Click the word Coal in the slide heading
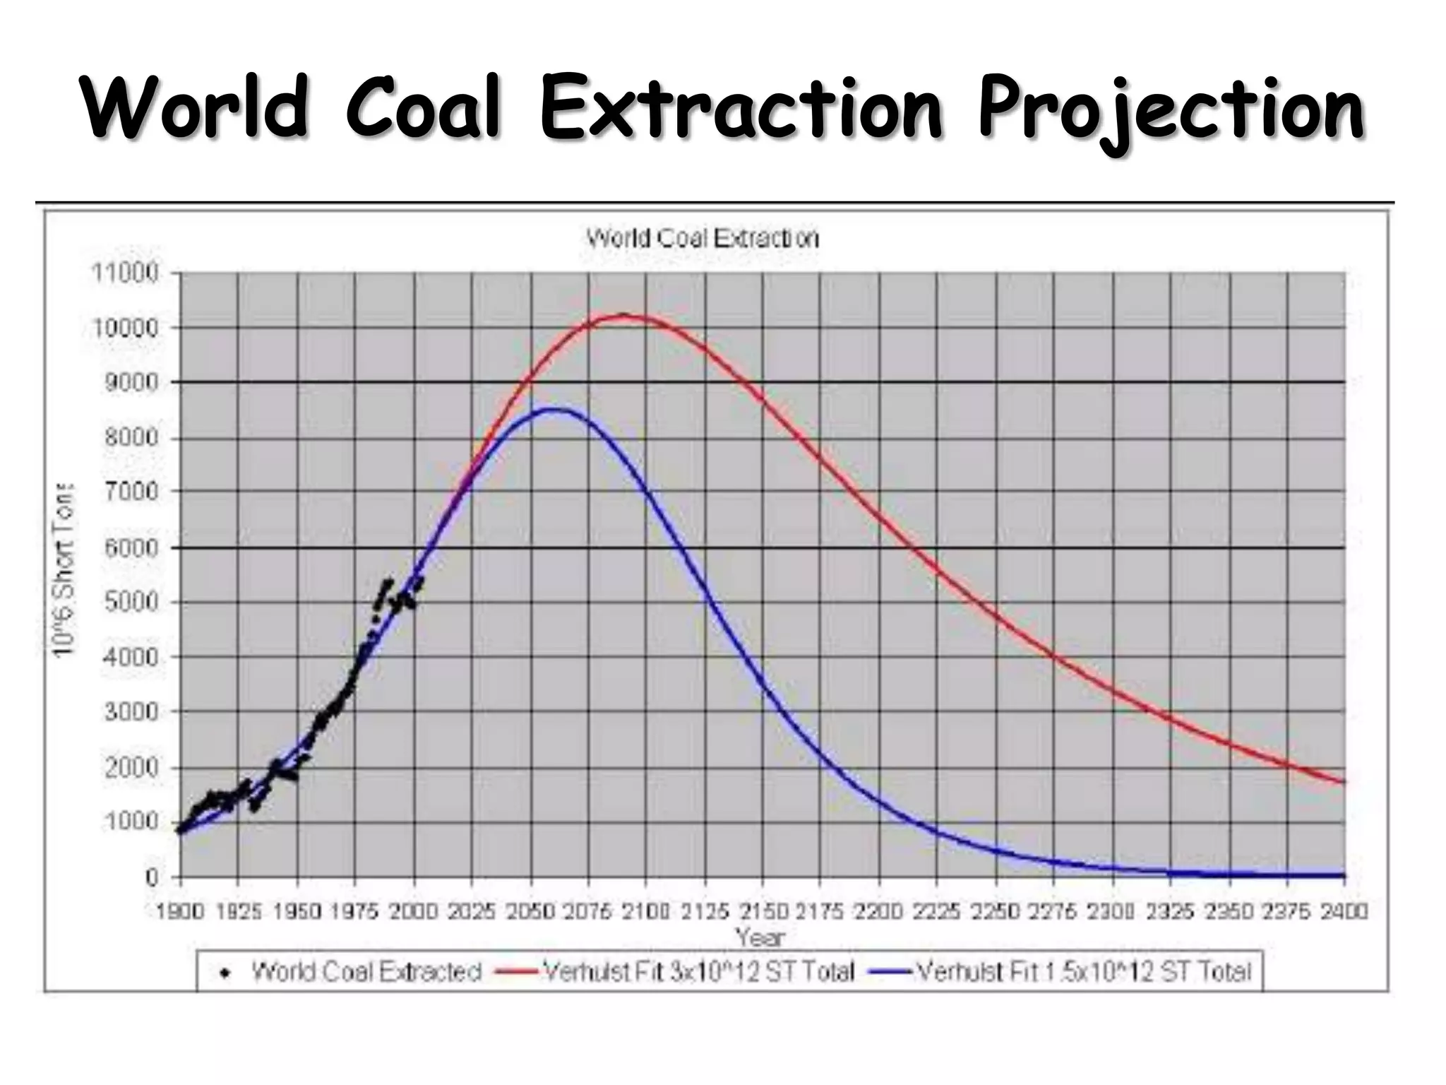tap(422, 109)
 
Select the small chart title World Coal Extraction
tap(703, 238)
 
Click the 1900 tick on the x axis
tap(180, 912)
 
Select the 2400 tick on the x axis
tap(1344, 912)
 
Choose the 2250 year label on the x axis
tap(995, 912)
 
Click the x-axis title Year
tap(760, 937)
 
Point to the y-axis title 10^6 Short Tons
tap(64, 571)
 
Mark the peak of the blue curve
tap(558, 409)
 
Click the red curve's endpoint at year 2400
tap(1344, 782)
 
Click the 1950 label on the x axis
tap(297, 912)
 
